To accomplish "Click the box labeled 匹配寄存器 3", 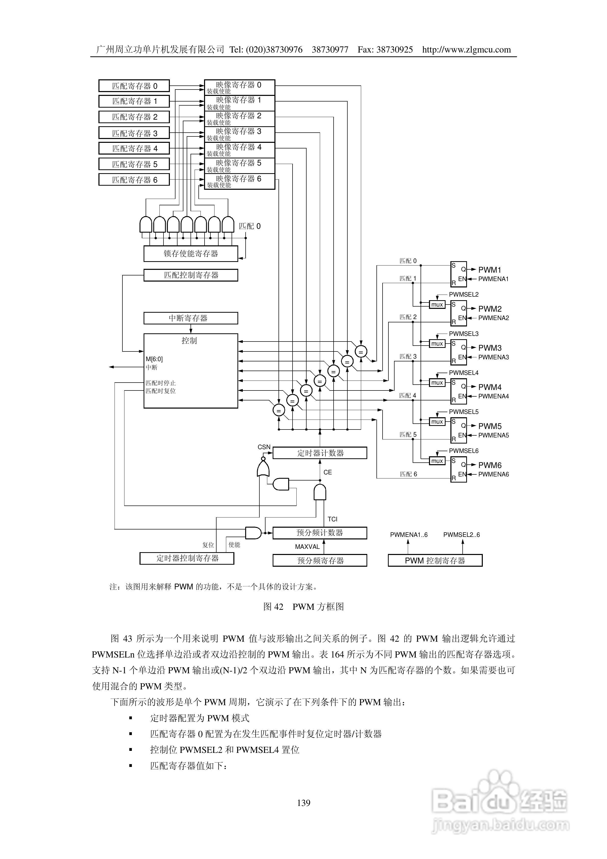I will [134, 133].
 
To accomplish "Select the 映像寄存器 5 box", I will [239, 165].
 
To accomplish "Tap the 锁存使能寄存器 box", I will [191, 254].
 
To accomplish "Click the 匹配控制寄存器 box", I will [191, 275].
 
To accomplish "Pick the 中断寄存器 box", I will [191, 318].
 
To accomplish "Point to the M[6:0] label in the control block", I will [154, 359].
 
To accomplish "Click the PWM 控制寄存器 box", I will [435, 560].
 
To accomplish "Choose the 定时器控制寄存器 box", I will [187, 558].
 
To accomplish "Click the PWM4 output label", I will [489, 387].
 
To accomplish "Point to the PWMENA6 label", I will [493, 474].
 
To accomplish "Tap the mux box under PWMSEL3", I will [437, 344].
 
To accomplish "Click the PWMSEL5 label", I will [464, 412].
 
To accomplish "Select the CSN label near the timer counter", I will [264, 447].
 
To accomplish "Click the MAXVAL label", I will [307, 547].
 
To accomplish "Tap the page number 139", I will [303, 802].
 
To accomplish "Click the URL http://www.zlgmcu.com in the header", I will [466, 50].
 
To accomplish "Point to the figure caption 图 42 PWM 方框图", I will [303, 607].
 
